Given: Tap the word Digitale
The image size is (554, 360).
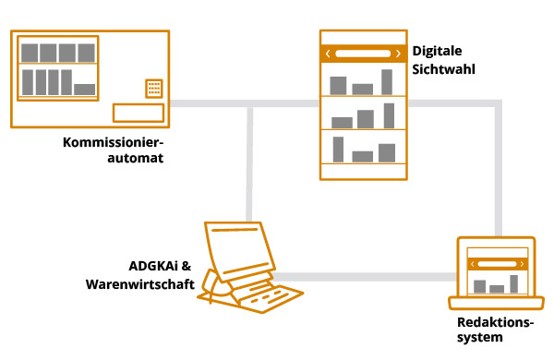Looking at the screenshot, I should coord(437,51).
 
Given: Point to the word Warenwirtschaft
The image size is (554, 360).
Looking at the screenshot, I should coord(139,284).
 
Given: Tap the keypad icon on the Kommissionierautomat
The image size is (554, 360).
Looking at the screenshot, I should coord(153,89).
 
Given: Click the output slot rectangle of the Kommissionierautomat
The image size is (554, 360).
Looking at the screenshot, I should coord(138,113).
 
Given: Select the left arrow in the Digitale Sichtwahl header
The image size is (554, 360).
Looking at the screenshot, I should coord(328,54).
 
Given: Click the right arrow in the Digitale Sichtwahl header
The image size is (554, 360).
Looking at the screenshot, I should coord(398,54).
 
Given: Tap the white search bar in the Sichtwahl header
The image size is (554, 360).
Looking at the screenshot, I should coord(363,54).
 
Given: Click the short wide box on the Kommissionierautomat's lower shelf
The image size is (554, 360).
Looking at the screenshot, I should coord(84,90).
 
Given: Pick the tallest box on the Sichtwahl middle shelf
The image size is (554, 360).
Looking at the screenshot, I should coord(388,115).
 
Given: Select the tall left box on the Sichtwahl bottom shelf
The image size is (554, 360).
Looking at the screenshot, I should coord(339,149).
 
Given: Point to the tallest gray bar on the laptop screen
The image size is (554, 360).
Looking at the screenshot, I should coord(514,283).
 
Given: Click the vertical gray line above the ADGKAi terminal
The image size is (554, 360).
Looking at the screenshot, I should coord(249,162).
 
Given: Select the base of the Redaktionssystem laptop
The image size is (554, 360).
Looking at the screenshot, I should coord(497,304).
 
